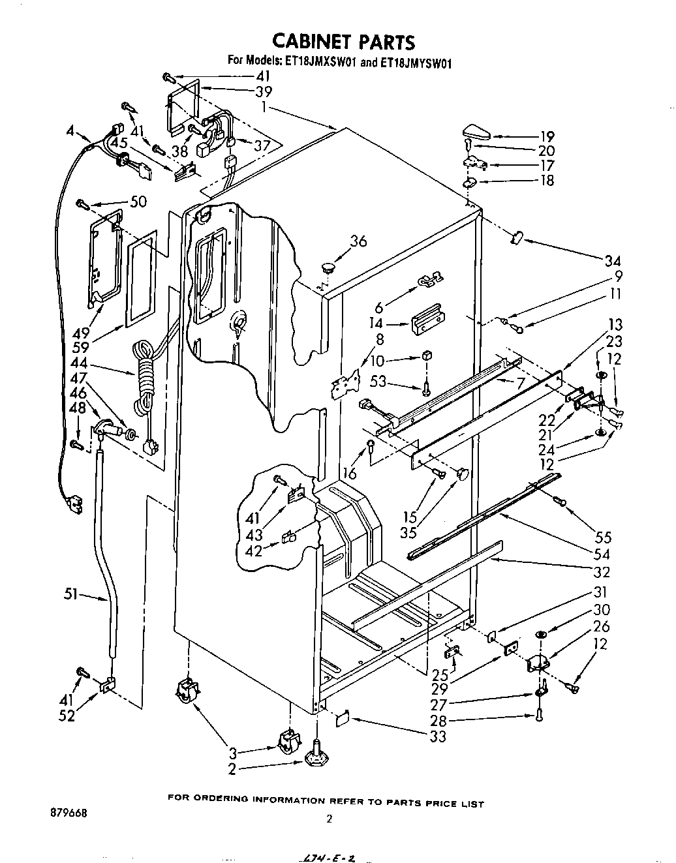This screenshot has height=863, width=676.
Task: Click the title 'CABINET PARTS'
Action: pos(343,42)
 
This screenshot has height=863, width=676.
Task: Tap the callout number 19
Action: pos(547,136)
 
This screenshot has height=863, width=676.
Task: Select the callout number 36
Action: pos(358,241)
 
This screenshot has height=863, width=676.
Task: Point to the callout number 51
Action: pos(72,594)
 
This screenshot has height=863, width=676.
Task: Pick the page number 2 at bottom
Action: pos(330,820)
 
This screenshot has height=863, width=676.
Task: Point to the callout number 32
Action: pos(602,572)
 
